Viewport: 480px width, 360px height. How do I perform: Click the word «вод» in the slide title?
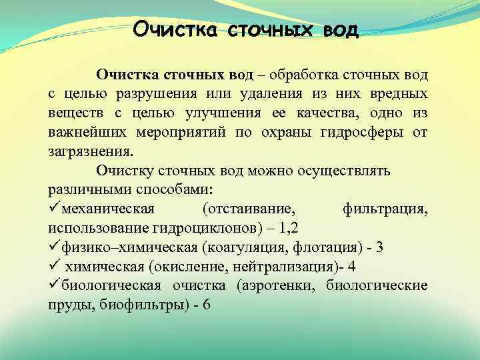[340, 30]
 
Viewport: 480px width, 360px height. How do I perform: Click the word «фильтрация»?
[385, 209]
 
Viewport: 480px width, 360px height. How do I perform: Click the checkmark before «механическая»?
[53, 209]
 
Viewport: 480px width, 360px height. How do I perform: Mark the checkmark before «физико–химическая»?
[53, 247]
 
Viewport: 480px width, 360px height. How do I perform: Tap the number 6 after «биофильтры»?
[206, 305]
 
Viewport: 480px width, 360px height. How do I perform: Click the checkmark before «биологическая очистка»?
[53, 286]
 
